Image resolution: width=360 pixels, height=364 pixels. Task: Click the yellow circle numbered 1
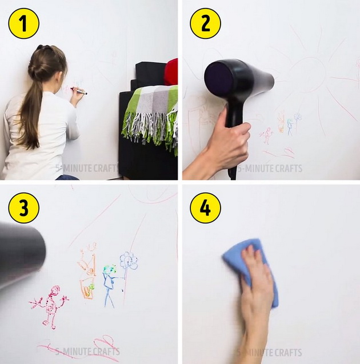23,23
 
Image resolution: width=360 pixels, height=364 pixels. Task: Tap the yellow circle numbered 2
205,23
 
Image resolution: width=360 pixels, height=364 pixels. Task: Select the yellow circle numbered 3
23,208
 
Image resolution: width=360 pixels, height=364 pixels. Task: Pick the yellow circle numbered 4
205,208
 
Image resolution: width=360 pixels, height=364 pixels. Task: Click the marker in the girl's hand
79,91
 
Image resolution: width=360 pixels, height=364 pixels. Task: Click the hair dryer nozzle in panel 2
267,79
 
